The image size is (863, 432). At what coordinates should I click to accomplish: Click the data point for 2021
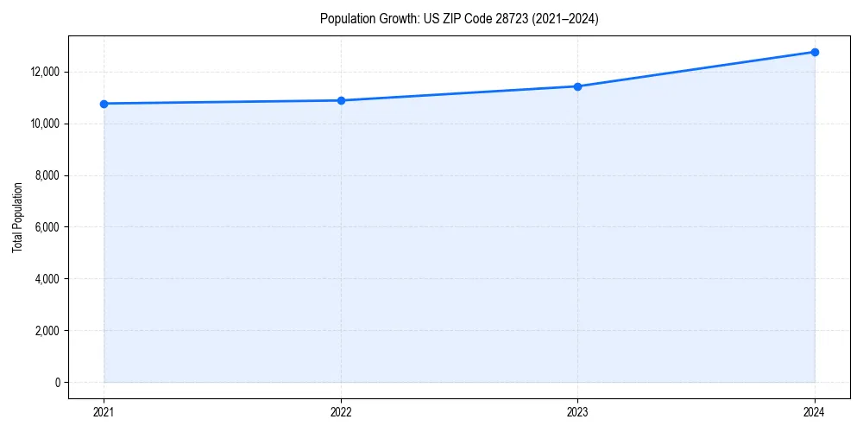tap(104, 104)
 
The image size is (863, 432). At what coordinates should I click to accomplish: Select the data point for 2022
tap(341, 100)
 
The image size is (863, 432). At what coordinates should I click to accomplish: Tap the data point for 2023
tap(577, 86)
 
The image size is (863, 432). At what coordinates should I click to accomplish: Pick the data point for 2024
tap(815, 52)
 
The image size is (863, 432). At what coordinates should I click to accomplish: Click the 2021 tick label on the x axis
tap(104, 411)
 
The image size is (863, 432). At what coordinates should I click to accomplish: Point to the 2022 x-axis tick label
tap(341, 411)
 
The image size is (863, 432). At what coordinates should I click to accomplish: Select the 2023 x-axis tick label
tap(577, 411)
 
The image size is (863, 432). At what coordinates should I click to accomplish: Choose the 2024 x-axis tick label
tap(815, 411)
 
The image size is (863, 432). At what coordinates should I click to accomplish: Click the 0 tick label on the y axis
tap(57, 383)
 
